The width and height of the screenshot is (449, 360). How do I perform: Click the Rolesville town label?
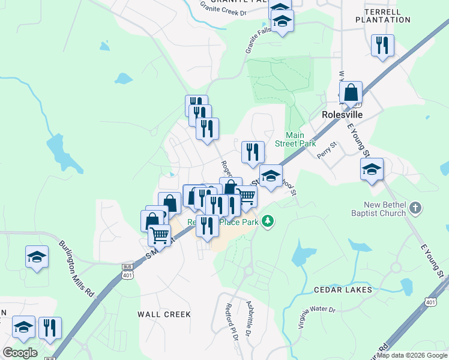[x=343, y=114]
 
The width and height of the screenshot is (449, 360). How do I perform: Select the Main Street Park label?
[x=295, y=139]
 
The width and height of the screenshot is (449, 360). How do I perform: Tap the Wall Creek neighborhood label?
[x=164, y=314]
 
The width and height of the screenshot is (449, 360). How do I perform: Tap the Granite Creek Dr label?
[x=223, y=7]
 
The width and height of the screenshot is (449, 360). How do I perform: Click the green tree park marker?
[x=268, y=221]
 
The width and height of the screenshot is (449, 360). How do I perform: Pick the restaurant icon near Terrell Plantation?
[x=382, y=46]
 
